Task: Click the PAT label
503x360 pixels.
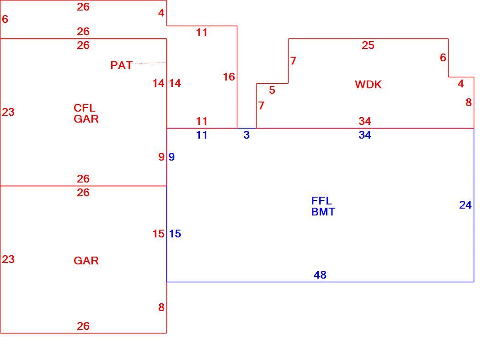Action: (x=121, y=65)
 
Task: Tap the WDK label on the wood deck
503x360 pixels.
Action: (x=368, y=84)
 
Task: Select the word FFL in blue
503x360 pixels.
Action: (x=321, y=201)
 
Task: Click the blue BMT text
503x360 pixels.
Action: (x=323, y=212)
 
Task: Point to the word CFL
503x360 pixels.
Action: (x=85, y=108)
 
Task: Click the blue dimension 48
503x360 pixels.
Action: (x=320, y=274)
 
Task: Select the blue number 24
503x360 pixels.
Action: (x=466, y=205)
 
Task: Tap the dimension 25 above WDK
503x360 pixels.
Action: (x=368, y=45)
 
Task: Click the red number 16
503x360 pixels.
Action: (x=229, y=77)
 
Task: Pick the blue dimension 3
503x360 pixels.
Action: (x=246, y=135)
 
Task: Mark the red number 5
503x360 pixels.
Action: (x=272, y=90)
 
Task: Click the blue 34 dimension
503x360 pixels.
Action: (x=365, y=135)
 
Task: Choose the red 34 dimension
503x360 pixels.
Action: (x=365, y=121)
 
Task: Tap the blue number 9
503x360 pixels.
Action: (x=171, y=157)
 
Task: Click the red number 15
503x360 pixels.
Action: (x=159, y=234)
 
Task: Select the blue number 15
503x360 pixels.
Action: (x=175, y=234)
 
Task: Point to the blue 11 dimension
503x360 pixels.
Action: (x=202, y=135)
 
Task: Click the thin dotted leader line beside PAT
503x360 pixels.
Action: (x=149, y=63)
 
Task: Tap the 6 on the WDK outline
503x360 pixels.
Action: (x=443, y=58)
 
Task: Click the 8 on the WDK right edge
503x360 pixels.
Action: (x=469, y=102)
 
